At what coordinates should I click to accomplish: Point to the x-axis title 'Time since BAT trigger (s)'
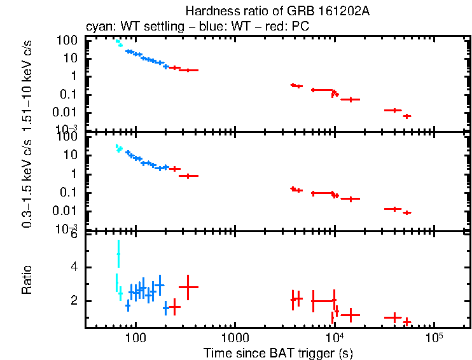coord(278,352)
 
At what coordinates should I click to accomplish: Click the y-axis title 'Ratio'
coord(27,280)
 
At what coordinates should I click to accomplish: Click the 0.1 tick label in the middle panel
coord(69,193)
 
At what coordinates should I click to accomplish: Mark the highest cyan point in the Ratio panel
coord(118,254)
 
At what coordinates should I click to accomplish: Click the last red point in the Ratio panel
coord(407,322)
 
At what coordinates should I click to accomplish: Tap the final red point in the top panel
coord(407,116)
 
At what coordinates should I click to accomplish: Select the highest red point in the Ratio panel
coord(188,287)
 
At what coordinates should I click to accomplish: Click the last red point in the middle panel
coord(407,212)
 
